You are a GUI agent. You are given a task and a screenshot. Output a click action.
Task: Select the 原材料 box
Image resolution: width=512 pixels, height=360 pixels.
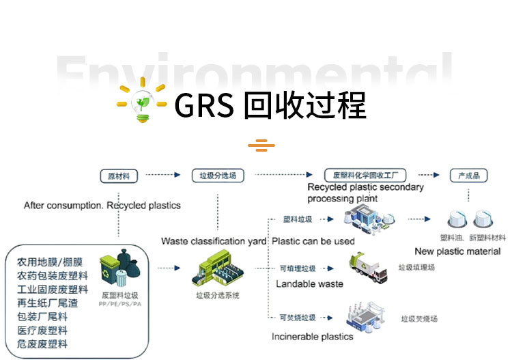tap(118, 176)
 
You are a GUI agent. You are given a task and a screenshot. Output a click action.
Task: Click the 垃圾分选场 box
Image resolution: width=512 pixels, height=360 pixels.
tap(217, 176)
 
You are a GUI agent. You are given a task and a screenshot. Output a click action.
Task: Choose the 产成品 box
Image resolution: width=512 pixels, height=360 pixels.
tap(468, 176)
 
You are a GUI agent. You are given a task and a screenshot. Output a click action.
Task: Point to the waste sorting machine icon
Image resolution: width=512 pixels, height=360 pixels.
tap(217, 267)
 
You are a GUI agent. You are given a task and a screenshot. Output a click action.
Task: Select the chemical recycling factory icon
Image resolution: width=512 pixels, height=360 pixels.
tap(367, 219)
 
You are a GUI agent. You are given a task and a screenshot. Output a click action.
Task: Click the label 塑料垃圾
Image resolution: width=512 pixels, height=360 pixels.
tap(298, 219)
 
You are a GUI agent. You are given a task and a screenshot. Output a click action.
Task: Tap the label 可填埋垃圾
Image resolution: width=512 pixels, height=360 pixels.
tap(298, 268)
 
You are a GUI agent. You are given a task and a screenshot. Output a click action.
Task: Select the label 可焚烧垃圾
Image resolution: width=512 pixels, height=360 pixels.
tap(298, 318)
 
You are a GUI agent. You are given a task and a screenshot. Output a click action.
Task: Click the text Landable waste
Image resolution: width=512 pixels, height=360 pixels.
tap(309, 283)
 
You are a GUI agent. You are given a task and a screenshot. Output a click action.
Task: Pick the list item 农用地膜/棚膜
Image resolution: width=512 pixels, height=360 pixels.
tap(50, 262)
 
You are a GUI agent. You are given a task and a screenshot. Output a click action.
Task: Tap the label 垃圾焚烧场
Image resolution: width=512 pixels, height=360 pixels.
tap(418, 318)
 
